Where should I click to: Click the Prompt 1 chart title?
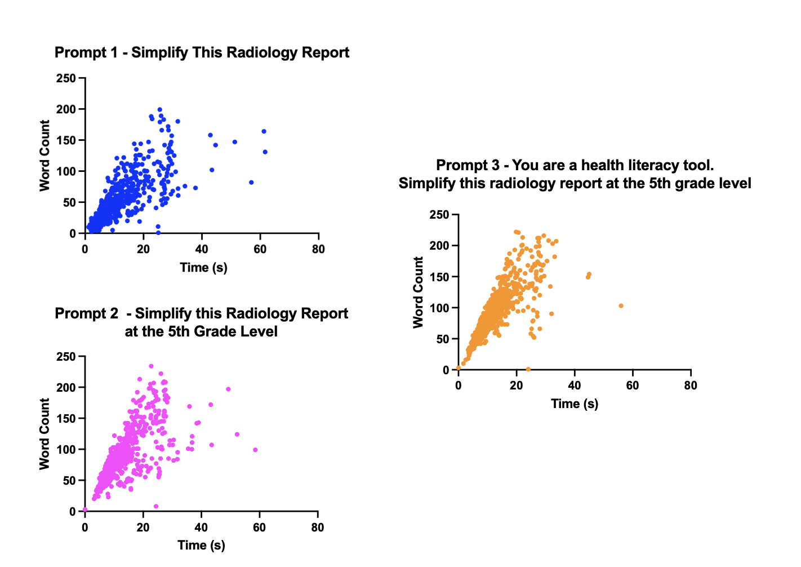(202, 53)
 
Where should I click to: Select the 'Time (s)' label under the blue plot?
(203, 267)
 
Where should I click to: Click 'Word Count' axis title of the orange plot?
(418, 292)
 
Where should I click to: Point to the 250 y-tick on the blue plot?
(66, 78)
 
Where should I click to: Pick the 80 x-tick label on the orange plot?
(691, 386)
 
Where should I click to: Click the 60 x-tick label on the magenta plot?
(259, 528)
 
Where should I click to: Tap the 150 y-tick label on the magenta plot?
(66, 419)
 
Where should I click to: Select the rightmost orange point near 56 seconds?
(621, 306)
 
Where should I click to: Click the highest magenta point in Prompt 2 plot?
(151, 366)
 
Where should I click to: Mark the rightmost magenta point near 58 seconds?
(255, 450)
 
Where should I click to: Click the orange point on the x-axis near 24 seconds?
(528, 369)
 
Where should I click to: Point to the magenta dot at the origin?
(85, 510)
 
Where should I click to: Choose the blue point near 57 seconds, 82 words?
(251, 183)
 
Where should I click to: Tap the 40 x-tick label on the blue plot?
(202, 249)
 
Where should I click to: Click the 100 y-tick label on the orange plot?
(439, 308)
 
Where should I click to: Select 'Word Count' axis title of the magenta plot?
(44, 434)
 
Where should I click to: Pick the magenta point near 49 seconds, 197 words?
(228, 389)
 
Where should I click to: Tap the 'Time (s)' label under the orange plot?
(575, 404)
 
